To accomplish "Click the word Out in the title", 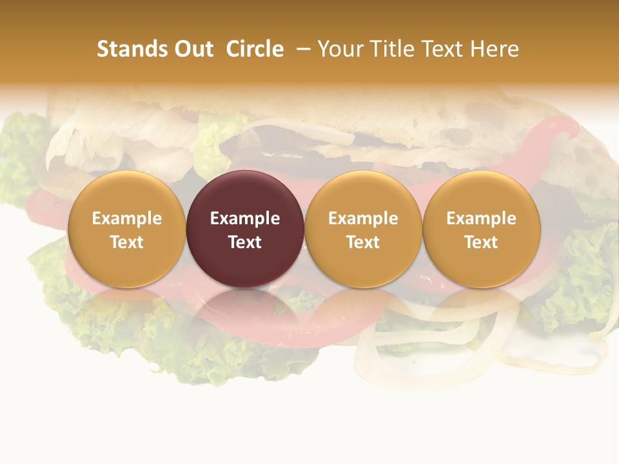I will (193, 49).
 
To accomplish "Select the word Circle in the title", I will (255, 49).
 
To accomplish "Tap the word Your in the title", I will (340, 49).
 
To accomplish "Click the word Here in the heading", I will (495, 49).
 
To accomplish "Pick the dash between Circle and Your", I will (304, 49).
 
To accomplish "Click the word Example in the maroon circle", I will (245, 218).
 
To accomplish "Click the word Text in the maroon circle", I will (245, 242).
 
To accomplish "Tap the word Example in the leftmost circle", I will (127, 218).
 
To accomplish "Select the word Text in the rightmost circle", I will (482, 242).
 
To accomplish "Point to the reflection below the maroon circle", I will (245, 309).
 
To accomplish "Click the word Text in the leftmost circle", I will (127, 242).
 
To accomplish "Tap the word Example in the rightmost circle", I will (482, 218).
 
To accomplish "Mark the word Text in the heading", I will (443, 49).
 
